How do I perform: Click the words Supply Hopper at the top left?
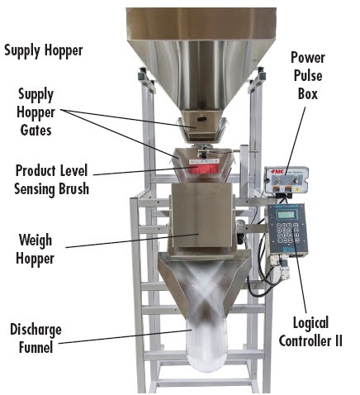tap(44, 50)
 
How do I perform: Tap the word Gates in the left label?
tap(36, 130)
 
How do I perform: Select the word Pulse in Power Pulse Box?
tap(308, 75)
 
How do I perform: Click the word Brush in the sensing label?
tap(73, 189)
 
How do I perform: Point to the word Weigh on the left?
tap(36, 240)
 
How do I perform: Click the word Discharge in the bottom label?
tap(36, 330)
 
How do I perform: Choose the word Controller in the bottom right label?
tap(306, 341)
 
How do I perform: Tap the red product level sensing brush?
tap(204, 169)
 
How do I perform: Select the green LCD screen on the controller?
tap(286, 214)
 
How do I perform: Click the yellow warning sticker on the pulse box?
tap(297, 189)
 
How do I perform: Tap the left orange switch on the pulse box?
tap(276, 189)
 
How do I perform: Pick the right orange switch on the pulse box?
tap(288, 189)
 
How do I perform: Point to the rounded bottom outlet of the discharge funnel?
tap(207, 358)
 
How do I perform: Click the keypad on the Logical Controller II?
tap(287, 233)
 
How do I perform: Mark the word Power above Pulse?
tap(308, 58)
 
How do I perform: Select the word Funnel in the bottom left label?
tap(36, 347)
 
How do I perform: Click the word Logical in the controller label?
tap(310, 323)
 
